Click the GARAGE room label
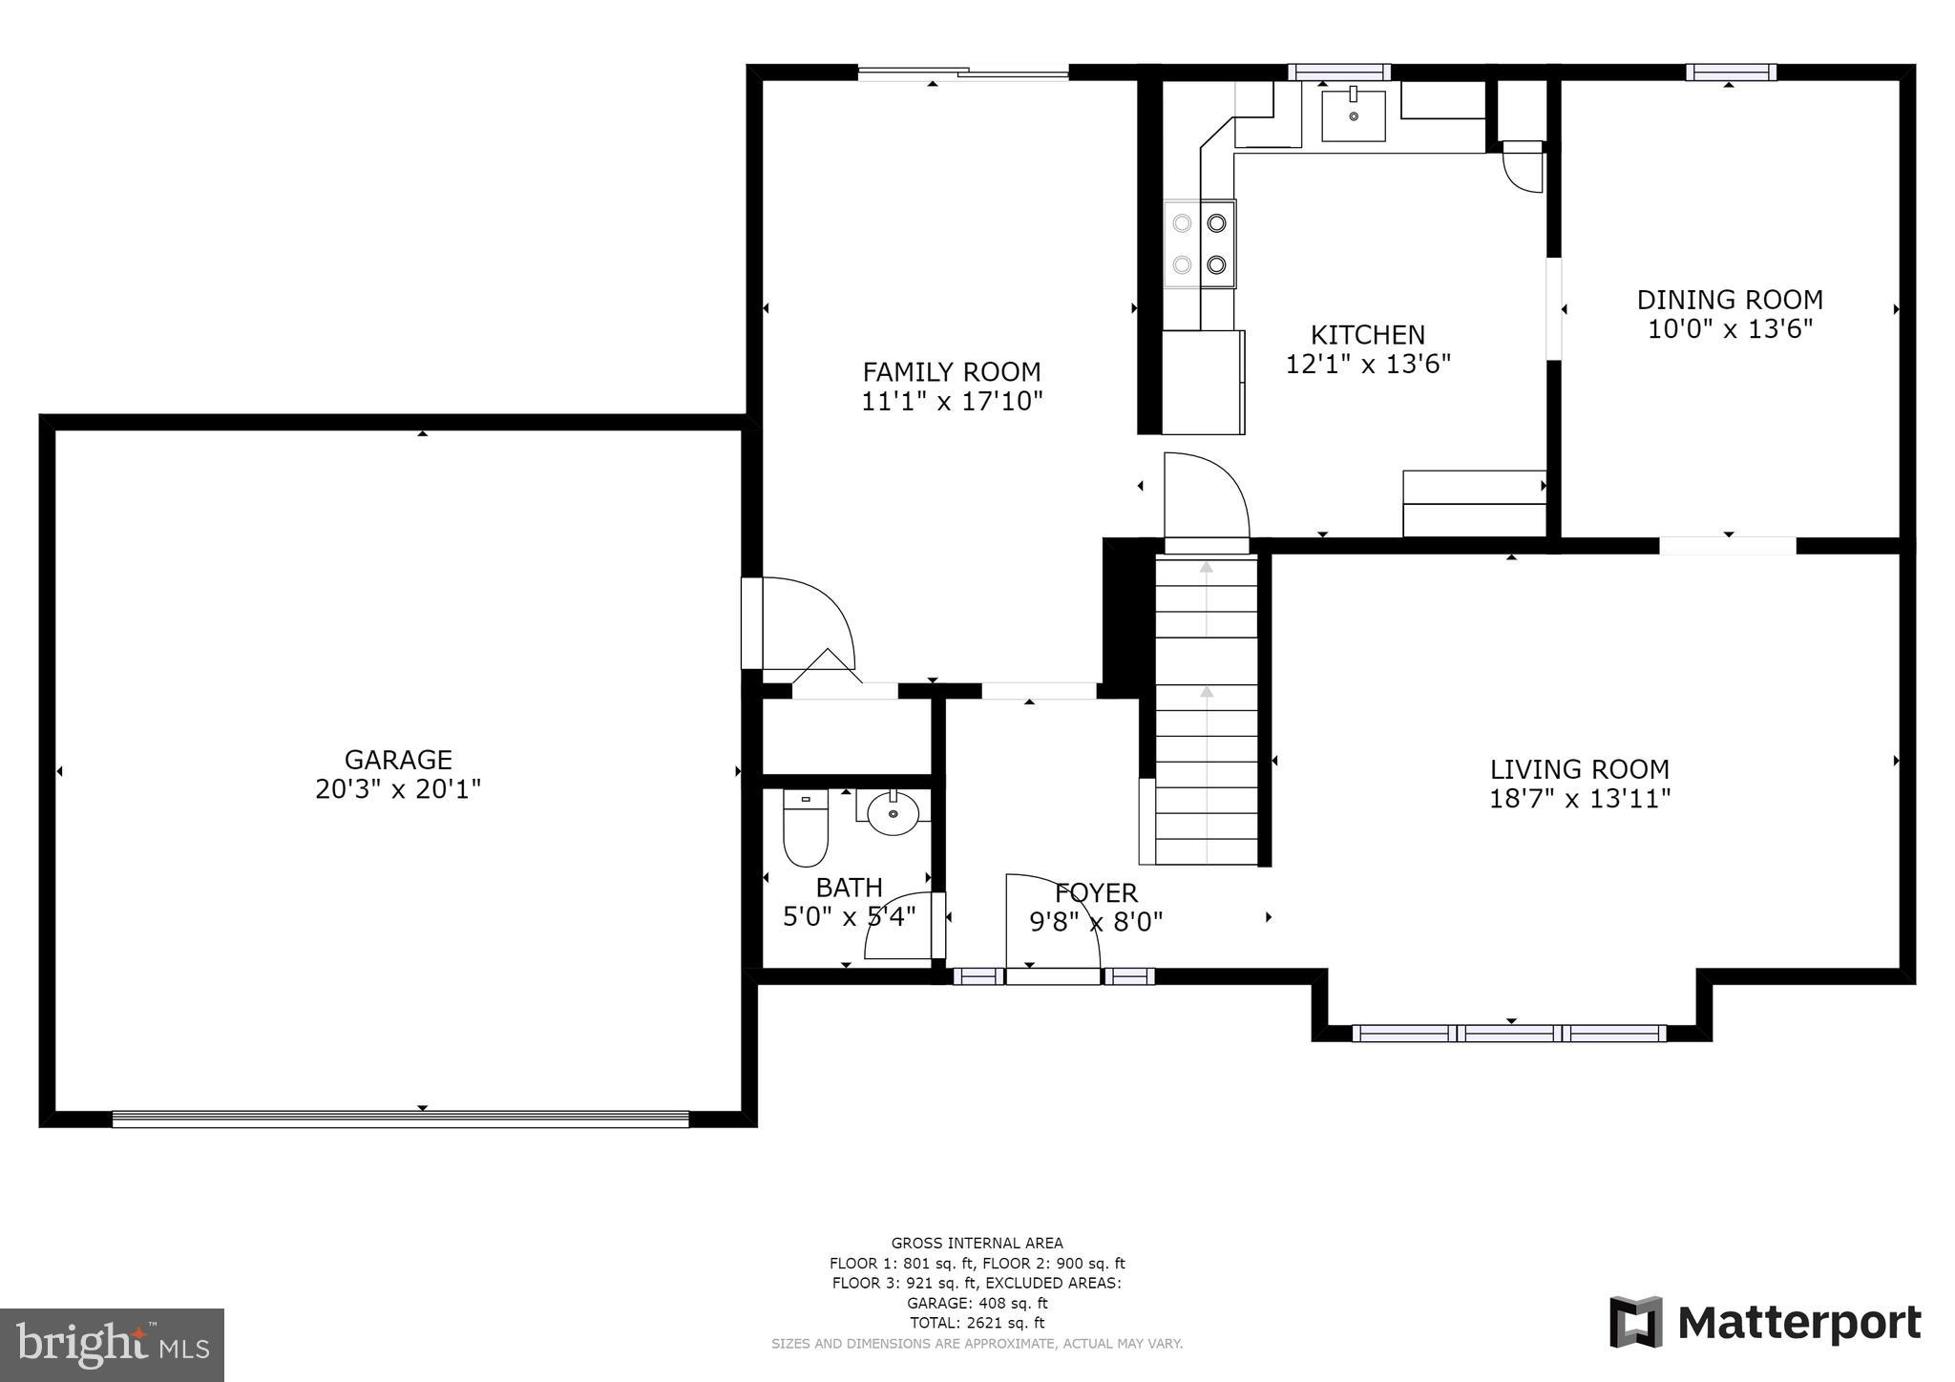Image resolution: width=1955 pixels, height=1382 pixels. click(398, 760)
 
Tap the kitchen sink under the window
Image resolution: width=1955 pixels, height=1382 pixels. click(1353, 115)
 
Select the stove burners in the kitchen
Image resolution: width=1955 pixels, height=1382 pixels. click(1199, 243)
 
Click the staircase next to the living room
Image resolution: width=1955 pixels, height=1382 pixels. click(1207, 711)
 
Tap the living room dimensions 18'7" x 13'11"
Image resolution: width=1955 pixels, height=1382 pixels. click(1580, 799)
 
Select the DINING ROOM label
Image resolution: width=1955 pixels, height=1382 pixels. click(1730, 300)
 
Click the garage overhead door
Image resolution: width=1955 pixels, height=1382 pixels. click(400, 1119)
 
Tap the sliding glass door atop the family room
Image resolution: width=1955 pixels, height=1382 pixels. click(962, 73)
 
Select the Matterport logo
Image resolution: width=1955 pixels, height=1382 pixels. click(1765, 1323)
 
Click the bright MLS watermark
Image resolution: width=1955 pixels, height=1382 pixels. click(113, 1345)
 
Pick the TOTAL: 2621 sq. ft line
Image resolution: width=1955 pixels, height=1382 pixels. click(977, 1323)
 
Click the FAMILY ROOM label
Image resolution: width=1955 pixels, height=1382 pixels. click(952, 371)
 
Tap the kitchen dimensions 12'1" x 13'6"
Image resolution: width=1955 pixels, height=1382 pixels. click(1368, 365)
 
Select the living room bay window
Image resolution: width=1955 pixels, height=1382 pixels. click(1509, 1033)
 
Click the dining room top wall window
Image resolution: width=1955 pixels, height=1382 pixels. click(1730, 73)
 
